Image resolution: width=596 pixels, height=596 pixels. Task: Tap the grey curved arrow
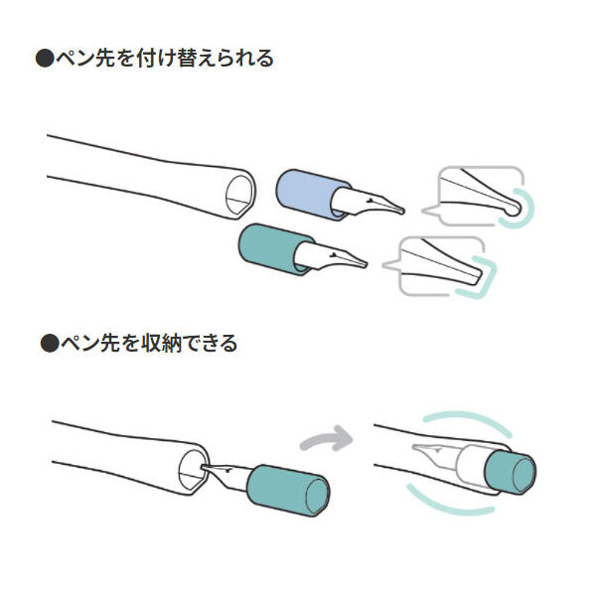point(328,439)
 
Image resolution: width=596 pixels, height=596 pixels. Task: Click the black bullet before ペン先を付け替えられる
point(45,59)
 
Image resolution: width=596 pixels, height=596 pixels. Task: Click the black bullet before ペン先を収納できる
point(50,343)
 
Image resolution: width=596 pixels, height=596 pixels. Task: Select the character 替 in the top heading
point(187,59)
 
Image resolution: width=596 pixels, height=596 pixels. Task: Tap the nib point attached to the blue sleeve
point(401,211)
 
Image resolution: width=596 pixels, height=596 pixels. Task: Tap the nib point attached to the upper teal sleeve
point(365,264)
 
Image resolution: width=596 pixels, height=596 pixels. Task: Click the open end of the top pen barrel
point(239,194)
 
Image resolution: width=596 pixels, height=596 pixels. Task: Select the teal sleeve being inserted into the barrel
point(288,490)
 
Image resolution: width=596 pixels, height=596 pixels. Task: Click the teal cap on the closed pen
point(511,472)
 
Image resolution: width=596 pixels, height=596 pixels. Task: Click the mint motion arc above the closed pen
point(468,422)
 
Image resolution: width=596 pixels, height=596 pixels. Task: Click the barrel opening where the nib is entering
point(193,471)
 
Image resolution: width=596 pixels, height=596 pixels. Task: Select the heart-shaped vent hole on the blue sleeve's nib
point(370,200)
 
